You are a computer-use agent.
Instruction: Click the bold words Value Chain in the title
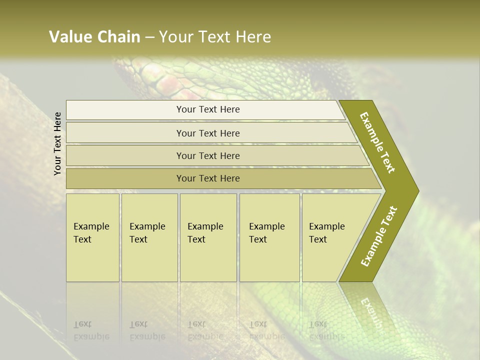point(94,37)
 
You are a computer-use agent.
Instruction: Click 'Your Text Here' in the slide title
point(215,37)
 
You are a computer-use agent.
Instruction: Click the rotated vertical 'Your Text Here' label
point(57,143)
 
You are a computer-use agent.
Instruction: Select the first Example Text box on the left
point(92,237)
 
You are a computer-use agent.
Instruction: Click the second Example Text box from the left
point(149,237)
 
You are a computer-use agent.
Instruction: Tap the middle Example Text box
point(208,237)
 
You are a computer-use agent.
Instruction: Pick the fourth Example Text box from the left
point(269,237)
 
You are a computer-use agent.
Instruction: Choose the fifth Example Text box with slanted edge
point(330,237)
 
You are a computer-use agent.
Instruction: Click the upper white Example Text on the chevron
point(377,142)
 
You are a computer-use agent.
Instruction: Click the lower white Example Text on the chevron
point(378,236)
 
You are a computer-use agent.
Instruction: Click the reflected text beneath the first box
point(91,330)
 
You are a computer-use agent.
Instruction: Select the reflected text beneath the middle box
point(205,330)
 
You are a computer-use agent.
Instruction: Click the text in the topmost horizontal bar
point(208,109)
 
